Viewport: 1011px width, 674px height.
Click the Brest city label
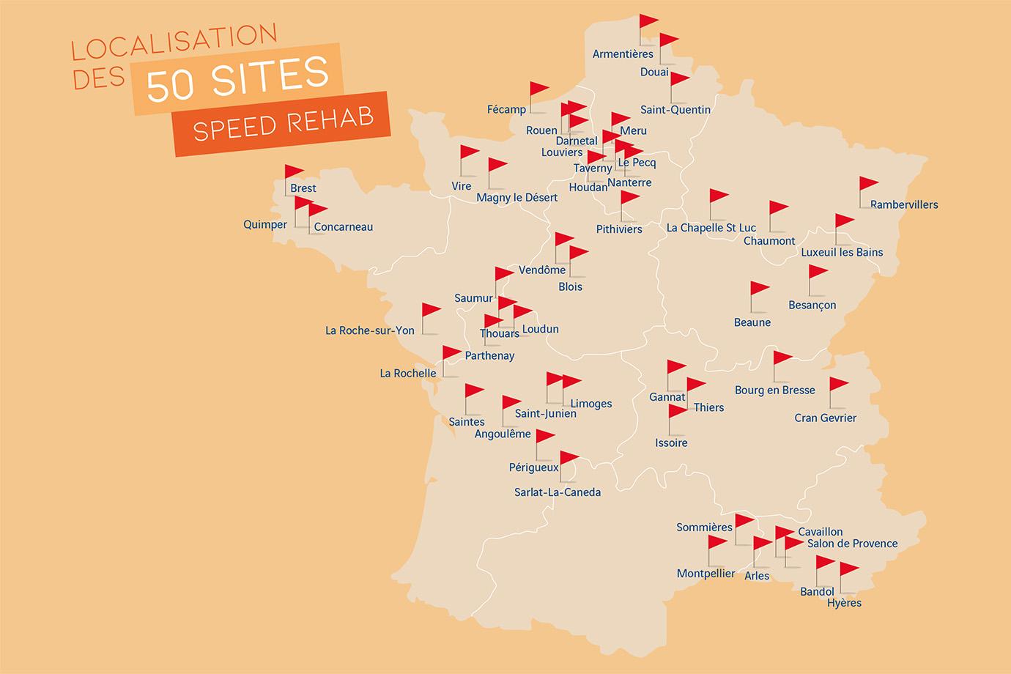point(303,188)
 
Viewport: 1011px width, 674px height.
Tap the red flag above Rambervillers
point(868,184)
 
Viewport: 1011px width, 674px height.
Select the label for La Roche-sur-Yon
point(370,330)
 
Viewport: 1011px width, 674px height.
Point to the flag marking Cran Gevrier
point(838,385)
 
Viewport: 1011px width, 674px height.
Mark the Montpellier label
point(706,574)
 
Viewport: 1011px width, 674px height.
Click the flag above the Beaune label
point(760,289)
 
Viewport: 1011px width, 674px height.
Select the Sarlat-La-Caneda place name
point(558,492)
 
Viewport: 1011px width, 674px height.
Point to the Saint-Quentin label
point(675,110)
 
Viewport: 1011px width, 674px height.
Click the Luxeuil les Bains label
point(842,252)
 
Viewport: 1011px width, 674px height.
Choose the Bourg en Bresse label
point(774,390)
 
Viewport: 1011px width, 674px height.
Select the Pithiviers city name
point(619,229)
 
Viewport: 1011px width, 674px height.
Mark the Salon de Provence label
point(852,544)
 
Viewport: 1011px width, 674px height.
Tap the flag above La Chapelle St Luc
point(718,196)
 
